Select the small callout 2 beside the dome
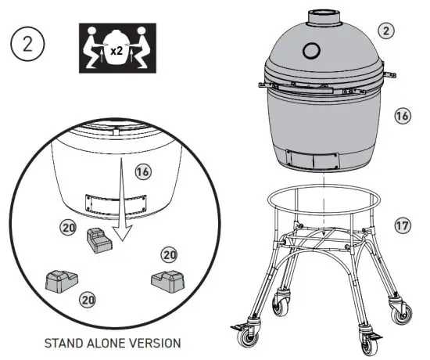click(385, 31)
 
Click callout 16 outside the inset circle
click(403, 116)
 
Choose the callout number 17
click(403, 226)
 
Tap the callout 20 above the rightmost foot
click(168, 254)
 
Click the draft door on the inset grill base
click(115, 203)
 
